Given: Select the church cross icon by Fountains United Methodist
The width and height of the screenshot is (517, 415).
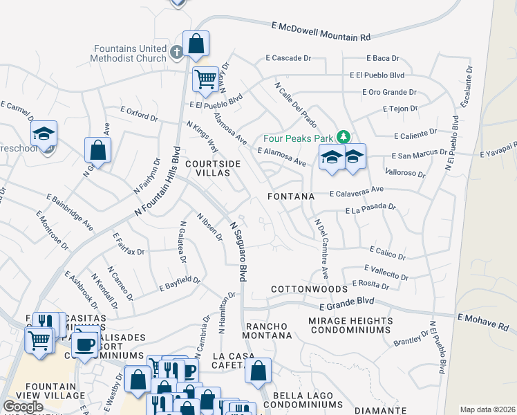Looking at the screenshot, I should (x=176, y=51).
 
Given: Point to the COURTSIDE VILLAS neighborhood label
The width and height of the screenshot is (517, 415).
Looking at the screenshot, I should (x=214, y=168).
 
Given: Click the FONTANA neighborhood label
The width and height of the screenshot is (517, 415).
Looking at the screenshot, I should (x=291, y=196).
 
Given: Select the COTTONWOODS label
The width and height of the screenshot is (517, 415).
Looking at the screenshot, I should (x=308, y=288).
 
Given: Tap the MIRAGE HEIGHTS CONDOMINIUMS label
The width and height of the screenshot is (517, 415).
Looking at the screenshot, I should (x=350, y=325).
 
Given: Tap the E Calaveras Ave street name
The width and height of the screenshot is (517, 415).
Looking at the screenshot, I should (x=356, y=191).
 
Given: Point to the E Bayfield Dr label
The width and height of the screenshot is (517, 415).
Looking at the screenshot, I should (x=179, y=284).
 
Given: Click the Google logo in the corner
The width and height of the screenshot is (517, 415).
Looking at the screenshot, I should (x=23, y=407).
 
